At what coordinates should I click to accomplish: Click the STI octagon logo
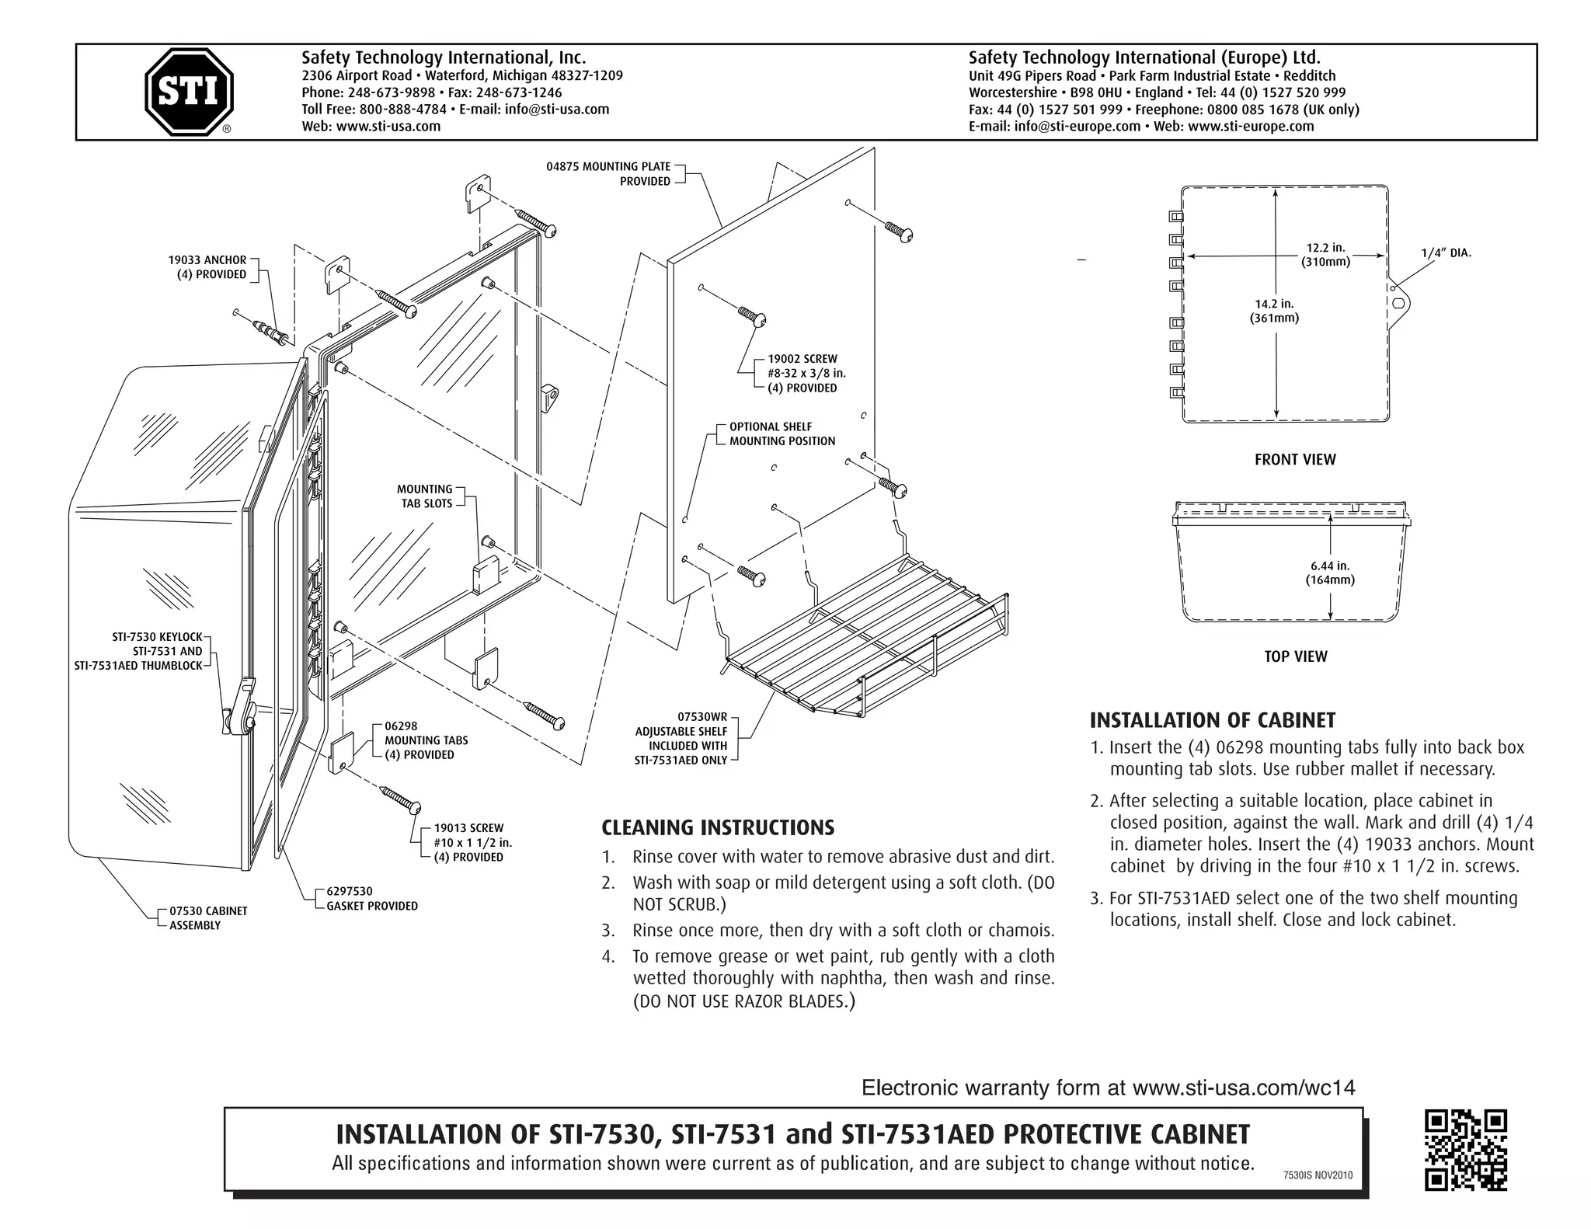(189, 92)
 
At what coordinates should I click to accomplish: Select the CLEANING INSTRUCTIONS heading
(718, 827)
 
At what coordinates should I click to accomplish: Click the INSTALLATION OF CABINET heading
(1212, 720)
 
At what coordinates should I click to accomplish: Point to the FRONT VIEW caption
(1294, 459)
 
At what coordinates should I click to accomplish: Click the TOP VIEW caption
(1295, 656)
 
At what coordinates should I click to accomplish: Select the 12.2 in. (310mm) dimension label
(1325, 255)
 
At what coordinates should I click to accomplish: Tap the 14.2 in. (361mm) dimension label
(1274, 311)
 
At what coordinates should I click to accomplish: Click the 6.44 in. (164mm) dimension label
(1330, 573)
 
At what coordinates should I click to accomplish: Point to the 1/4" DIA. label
(1446, 252)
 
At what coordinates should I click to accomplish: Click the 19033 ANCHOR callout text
(207, 267)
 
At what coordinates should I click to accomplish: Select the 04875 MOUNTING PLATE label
(608, 173)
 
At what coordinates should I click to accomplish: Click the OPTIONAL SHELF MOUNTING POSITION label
(782, 433)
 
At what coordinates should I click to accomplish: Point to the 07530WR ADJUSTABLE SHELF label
(681, 739)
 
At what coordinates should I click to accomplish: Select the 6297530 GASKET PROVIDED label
(371, 899)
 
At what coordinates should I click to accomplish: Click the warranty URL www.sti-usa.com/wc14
(1243, 1088)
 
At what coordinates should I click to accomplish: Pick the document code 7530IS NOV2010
(1318, 1175)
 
